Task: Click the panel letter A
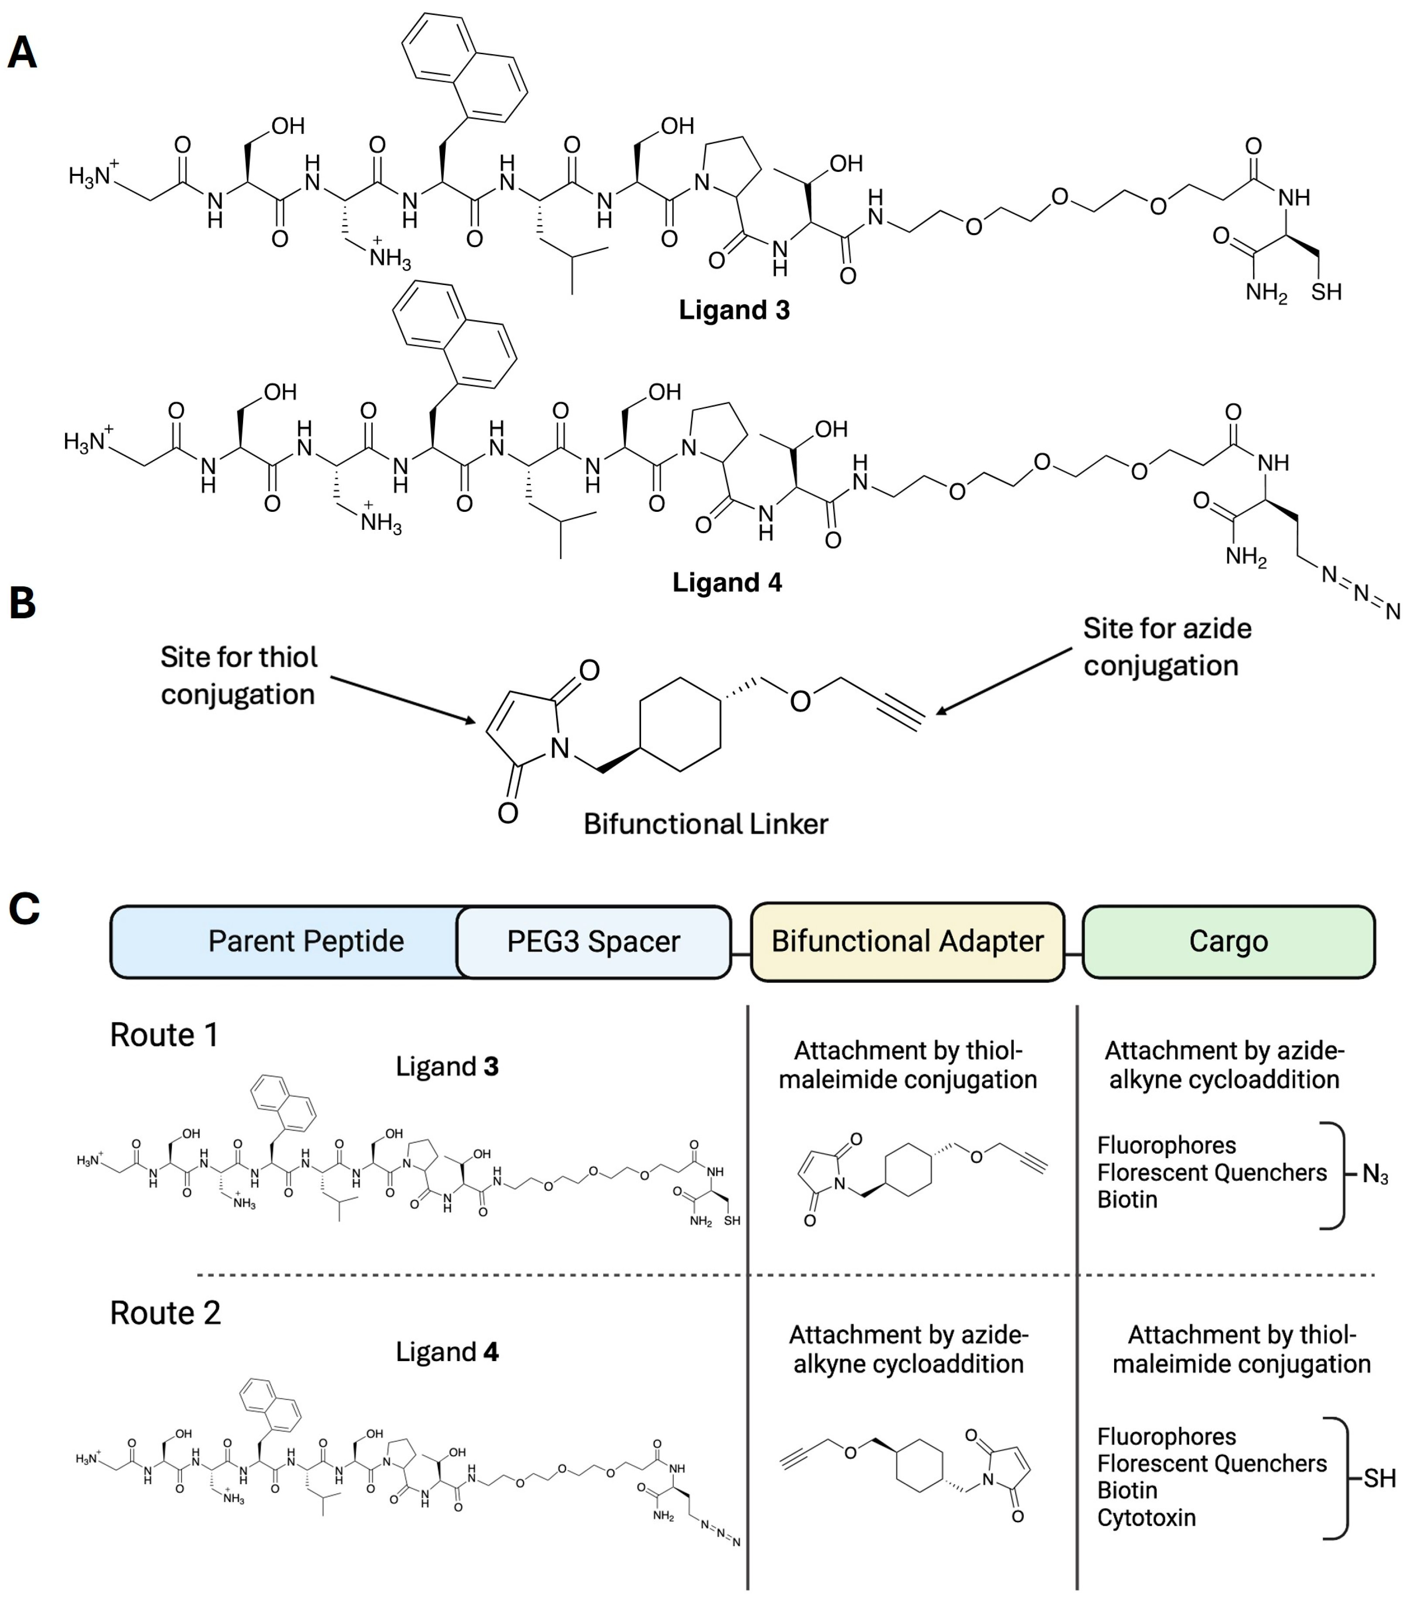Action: (x=22, y=53)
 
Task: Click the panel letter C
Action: (x=24, y=909)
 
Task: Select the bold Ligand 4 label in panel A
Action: (x=727, y=582)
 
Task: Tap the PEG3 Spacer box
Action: (x=594, y=941)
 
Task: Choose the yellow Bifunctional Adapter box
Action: (x=907, y=941)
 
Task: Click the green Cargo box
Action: (x=1228, y=941)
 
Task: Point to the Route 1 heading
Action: (x=164, y=1035)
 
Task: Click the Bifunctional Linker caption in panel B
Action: (x=705, y=824)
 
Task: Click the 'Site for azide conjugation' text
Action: (x=1167, y=647)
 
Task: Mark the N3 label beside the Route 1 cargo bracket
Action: (x=1375, y=1174)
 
